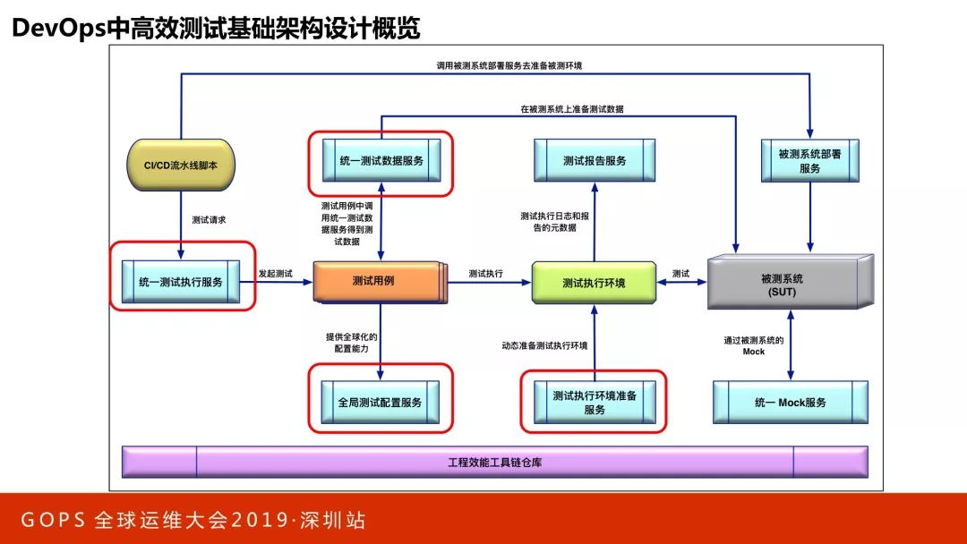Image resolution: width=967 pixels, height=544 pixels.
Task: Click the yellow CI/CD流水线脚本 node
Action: [182, 165]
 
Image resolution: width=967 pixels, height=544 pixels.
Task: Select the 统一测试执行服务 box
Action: [181, 282]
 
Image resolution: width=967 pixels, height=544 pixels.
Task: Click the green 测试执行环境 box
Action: [594, 283]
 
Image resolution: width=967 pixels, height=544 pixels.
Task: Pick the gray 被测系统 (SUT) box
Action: [789, 283]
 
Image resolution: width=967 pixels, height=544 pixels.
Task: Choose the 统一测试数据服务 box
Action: [381, 161]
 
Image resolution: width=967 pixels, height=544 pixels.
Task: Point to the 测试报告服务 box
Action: [594, 161]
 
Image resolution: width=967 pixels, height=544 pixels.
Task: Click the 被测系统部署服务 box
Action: [809, 161]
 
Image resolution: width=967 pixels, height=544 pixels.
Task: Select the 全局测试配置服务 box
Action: [380, 403]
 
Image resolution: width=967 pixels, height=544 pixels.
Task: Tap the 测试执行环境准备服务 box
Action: [595, 403]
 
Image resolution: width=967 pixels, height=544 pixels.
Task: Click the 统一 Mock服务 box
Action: [791, 403]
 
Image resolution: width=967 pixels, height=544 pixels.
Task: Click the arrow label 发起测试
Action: [276, 273]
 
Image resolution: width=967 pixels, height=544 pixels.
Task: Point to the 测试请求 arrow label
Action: [209, 220]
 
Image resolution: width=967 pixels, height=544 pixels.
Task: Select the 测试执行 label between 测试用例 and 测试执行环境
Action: [485, 273]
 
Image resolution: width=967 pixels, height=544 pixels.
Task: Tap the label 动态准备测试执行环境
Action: [544, 345]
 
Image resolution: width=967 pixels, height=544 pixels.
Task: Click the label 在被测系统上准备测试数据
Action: [572, 109]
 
